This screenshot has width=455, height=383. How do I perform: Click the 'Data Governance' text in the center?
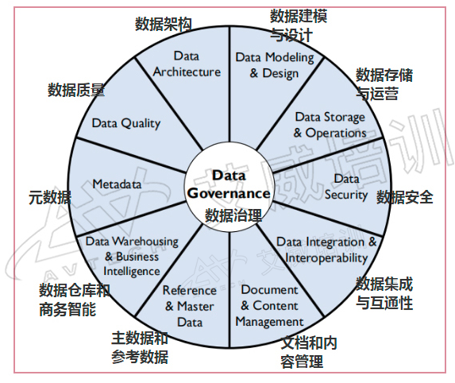[229, 184]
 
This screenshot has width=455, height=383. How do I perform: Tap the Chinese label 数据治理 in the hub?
[233, 215]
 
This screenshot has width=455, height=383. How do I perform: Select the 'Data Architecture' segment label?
[187, 64]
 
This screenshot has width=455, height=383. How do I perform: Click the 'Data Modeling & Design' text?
[275, 65]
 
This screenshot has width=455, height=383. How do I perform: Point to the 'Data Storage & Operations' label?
[330, 125]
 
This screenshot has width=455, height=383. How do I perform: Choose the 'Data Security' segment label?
[346, 187]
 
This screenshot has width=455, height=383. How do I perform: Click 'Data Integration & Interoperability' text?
[326, 250]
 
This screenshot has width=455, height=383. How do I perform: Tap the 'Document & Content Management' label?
[269, 305]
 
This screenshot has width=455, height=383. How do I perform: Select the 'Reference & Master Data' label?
[190, 306]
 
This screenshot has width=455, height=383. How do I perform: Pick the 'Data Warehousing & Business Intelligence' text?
[132, 257]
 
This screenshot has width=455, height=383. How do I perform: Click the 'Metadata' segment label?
[117, 184]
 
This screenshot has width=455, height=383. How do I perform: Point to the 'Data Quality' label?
[126, 123]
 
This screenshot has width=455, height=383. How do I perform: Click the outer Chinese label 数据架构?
[164, 24]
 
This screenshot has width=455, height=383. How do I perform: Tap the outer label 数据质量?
[76, 90]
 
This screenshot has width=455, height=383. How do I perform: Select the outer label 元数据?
[50, 198]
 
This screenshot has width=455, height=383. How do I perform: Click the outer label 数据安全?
[405, 197]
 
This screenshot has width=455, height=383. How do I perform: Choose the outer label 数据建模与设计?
[299, 25]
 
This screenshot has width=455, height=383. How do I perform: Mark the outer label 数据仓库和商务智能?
[75, 300]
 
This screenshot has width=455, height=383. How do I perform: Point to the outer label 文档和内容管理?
[309, 352]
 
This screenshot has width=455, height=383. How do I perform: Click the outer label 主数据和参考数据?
[140, 347]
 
